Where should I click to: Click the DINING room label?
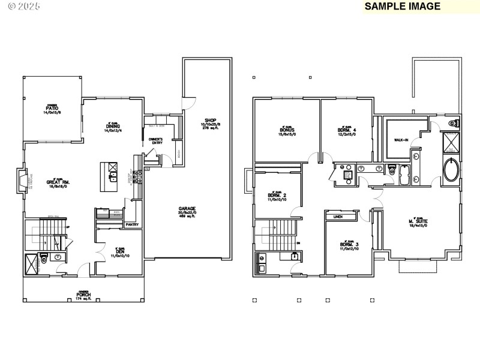113,127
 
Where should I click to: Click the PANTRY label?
132,225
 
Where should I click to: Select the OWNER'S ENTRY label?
156,142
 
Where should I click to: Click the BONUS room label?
286,130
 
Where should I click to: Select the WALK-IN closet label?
401,140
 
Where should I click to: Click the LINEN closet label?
338,217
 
